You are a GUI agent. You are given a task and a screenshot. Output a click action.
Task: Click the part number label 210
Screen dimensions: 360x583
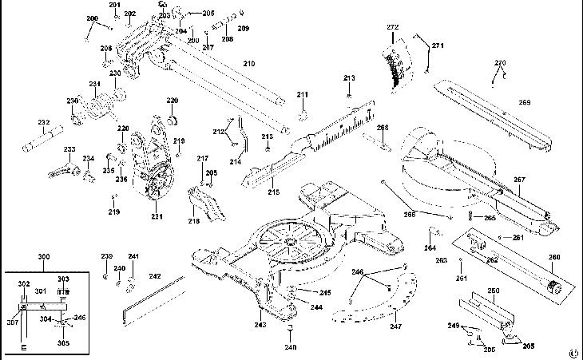(x=248, y=63)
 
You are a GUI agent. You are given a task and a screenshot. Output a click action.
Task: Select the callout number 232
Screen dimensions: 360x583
(x=43, y=122)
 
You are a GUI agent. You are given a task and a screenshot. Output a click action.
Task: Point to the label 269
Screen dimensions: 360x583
(x=525, y=102)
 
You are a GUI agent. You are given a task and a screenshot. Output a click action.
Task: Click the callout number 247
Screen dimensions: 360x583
(x=395, y=326)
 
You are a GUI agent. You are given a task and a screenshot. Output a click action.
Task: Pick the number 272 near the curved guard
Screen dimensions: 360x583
(x=392, y=28)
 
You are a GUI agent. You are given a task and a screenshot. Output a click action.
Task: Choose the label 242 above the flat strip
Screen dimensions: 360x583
(x=155, y=276)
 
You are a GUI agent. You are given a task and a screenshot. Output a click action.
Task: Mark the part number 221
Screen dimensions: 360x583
(x=157, y=216)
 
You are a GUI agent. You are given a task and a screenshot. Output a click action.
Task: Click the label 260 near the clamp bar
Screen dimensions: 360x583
(x=554, y=256)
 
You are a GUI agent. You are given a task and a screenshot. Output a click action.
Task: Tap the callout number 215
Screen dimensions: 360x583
(x=273, y=192)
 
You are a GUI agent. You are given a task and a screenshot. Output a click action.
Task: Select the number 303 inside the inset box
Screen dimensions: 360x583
(x=63, y=279)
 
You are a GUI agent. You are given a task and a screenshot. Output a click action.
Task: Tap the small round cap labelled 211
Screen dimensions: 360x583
(x=303, y=114)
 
